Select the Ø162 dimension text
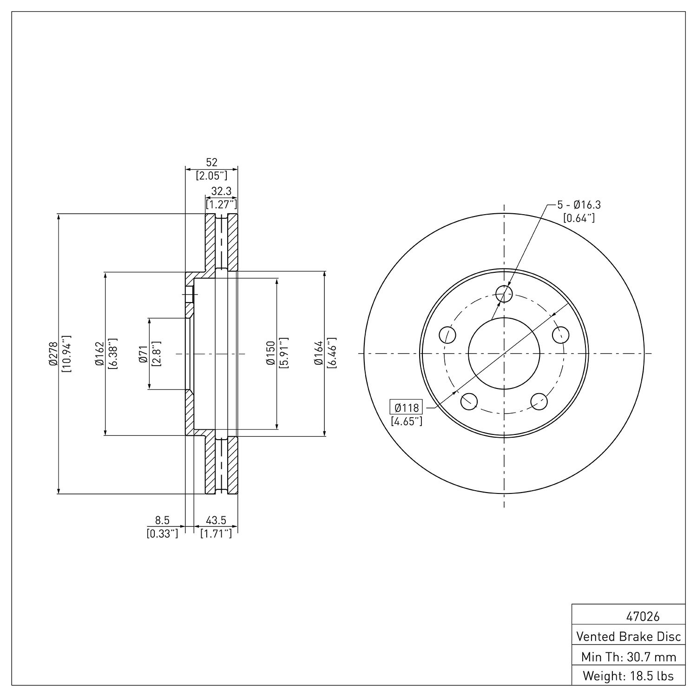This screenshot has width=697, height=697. (99, 354)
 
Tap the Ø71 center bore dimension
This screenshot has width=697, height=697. (143, 354)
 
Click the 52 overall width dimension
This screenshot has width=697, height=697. (212, 162)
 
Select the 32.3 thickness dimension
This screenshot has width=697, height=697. (222, 191)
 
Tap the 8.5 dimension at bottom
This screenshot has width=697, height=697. (163, 521)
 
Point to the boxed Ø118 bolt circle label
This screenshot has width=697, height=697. (407, 408)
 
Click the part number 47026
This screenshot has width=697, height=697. (643, 617)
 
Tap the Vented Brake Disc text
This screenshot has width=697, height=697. (629, 636)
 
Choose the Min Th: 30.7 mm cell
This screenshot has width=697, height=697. (629, 657)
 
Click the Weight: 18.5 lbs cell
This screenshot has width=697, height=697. (629, 676)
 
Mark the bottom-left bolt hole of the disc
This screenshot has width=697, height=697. (469, 401)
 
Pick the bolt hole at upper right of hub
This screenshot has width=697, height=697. (561, 334)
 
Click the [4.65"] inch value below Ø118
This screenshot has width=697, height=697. (407, 421)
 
